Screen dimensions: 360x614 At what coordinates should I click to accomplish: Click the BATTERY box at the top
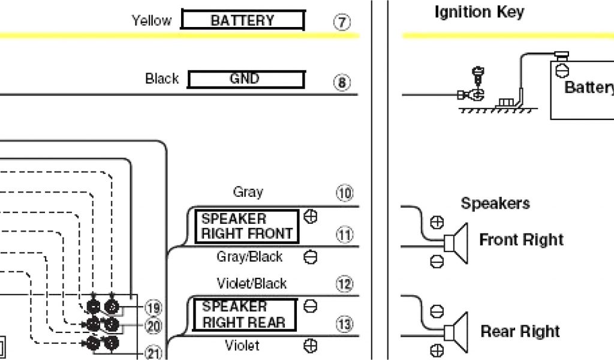coord(242,20)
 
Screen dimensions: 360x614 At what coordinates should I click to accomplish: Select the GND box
coord(246,79)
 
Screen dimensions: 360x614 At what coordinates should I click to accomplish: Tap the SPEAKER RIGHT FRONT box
coord(246,226)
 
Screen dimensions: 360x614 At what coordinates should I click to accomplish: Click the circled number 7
coord(342,23)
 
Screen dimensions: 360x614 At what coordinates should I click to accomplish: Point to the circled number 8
coord(342,83)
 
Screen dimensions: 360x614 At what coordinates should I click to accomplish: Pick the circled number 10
coord(344,193)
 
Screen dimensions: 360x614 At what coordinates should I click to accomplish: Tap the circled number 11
coord(344,235)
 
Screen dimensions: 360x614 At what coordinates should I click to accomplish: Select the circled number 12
coord(344,284)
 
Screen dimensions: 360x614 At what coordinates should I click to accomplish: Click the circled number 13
coord(344,325)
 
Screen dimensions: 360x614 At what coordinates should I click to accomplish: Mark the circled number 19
coord(153,308)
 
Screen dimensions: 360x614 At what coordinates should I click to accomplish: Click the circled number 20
coord(153,326)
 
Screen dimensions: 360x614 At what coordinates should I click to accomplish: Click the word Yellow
coord(151,20)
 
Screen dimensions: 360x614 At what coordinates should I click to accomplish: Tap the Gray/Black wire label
coord(249,257)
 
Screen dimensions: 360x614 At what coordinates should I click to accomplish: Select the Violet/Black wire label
coord(252,283)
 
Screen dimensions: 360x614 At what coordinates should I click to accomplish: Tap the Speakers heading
coord(495,203)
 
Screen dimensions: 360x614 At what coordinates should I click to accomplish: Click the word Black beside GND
coord(162,79)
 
